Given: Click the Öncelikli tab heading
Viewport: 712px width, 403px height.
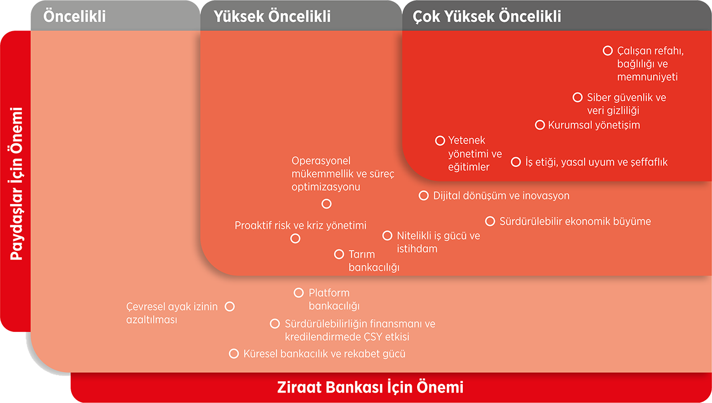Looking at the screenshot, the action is tap(75, 16).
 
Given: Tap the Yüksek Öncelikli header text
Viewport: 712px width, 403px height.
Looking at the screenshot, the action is tap(272, 16).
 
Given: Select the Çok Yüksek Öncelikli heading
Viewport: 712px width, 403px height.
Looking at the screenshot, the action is tap(487, 16).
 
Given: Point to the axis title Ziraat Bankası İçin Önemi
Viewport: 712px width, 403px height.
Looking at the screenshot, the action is tap(370, 387).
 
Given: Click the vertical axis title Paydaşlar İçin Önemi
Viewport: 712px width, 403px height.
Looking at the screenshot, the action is tap(17, 183).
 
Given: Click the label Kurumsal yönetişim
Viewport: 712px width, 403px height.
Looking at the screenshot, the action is tap(594, 125).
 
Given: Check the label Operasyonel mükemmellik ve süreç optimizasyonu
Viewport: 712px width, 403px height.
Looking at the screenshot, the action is tap(343, 174).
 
